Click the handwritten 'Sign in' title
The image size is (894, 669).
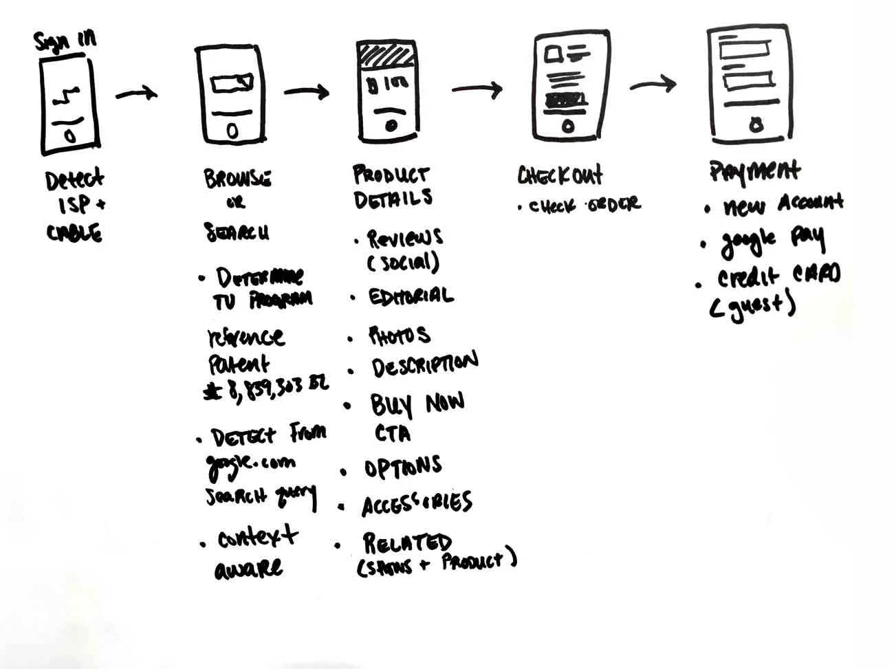(65, 41)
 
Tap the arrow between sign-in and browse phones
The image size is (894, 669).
(135, 93)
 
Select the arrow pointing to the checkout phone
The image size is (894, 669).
(477, 89)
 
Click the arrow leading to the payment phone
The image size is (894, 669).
(653, 84)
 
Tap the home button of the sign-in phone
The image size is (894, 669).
(69, 135)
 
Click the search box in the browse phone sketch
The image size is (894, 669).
(232, 84)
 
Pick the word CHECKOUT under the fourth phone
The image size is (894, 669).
(560, 175)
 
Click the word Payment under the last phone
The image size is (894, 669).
(754, 171)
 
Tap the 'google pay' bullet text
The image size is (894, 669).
(772, 239)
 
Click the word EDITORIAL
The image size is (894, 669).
(411, 296)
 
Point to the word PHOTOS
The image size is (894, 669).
(400, 336)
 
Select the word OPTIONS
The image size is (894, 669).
(402, 468)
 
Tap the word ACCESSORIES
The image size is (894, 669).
(417, 504)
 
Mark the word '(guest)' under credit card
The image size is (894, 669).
(752, 305)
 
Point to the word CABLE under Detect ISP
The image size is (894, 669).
(74, 233)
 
